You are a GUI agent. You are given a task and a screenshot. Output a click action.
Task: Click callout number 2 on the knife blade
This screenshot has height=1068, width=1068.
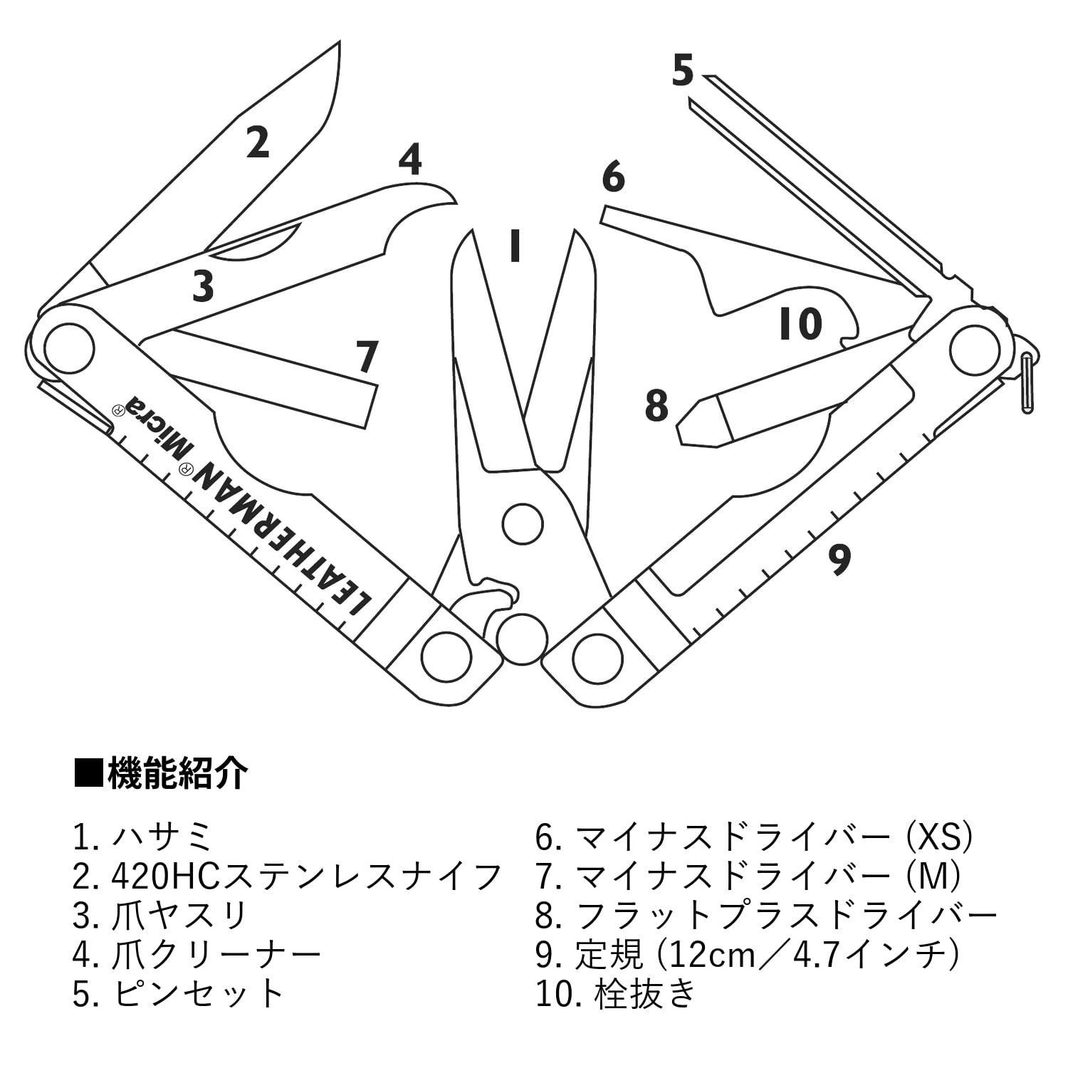[x=258, y=142]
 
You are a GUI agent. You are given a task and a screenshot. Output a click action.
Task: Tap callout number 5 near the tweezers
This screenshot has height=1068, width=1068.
[x=682, y=71]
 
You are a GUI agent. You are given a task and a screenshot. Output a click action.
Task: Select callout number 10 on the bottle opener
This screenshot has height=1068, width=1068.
[x=800, y=325]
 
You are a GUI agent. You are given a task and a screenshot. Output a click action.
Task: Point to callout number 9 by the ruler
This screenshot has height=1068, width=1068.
[x=840, y=560]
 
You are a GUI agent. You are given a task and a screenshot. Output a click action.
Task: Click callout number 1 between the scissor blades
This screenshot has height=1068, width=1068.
[x=514, y=246]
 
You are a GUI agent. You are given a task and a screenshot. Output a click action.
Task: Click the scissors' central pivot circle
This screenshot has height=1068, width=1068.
[x=522, y=524]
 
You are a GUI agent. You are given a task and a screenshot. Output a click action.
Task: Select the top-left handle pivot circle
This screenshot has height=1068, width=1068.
[x=69, y=348]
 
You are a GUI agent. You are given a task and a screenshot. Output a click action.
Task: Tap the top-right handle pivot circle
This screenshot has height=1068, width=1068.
[x=975, y=348]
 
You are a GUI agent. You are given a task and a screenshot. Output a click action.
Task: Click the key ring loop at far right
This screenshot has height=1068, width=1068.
[x=1027, y=382]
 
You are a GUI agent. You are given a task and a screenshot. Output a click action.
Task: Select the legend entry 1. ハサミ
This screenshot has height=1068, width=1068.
[x=142, y=837]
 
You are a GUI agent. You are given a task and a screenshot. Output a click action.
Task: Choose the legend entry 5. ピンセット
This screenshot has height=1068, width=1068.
[x=178, y=993]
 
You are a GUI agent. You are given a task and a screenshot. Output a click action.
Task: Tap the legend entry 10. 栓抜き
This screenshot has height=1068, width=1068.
[x=615, y=993]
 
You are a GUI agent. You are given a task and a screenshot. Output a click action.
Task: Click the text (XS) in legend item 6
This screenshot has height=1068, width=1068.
[x=938, y=837]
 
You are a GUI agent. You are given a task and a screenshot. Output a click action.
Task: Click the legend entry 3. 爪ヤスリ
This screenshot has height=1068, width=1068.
[x=159, y=916]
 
